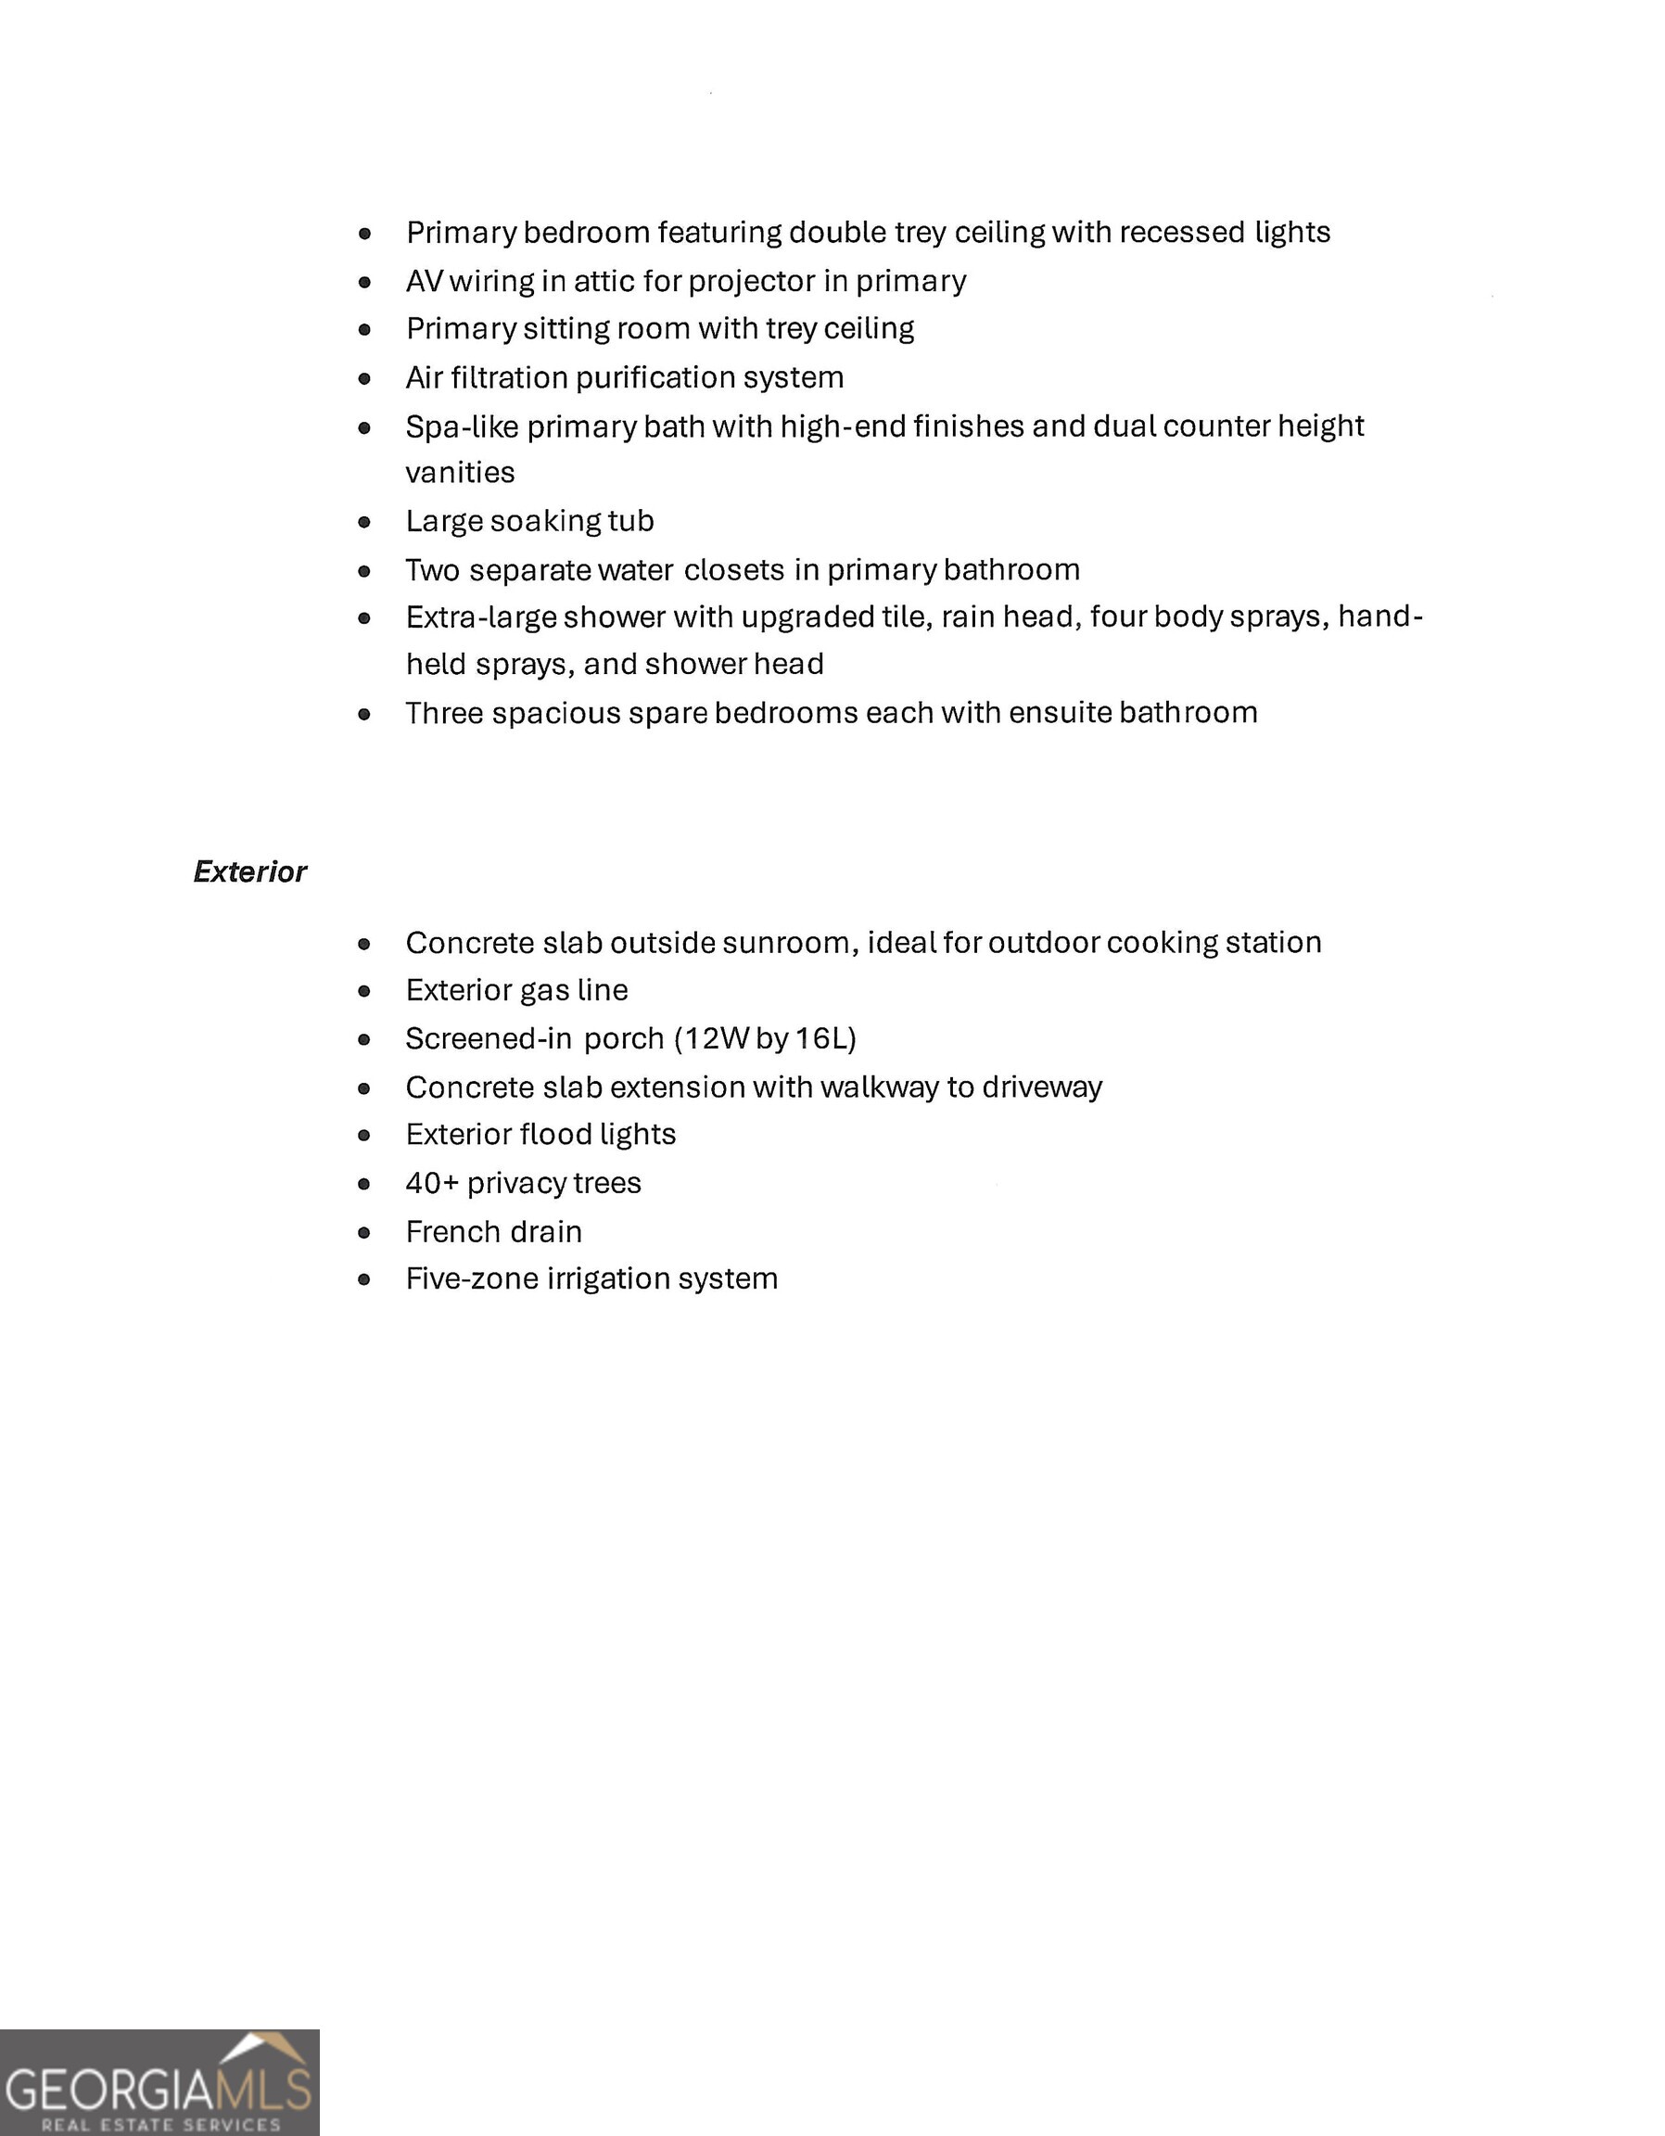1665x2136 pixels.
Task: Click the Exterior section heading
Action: pos(249,871)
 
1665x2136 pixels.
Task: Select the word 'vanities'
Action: pos(460,473)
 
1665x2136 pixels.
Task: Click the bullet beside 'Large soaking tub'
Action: pos(365,522)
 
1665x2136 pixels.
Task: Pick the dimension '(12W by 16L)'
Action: pos(765,1037)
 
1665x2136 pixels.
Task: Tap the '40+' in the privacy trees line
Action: pos(431,1183)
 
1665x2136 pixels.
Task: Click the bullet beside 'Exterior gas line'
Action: pos(365,992)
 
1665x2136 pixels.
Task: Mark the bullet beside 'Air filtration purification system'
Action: pos(365,378)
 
